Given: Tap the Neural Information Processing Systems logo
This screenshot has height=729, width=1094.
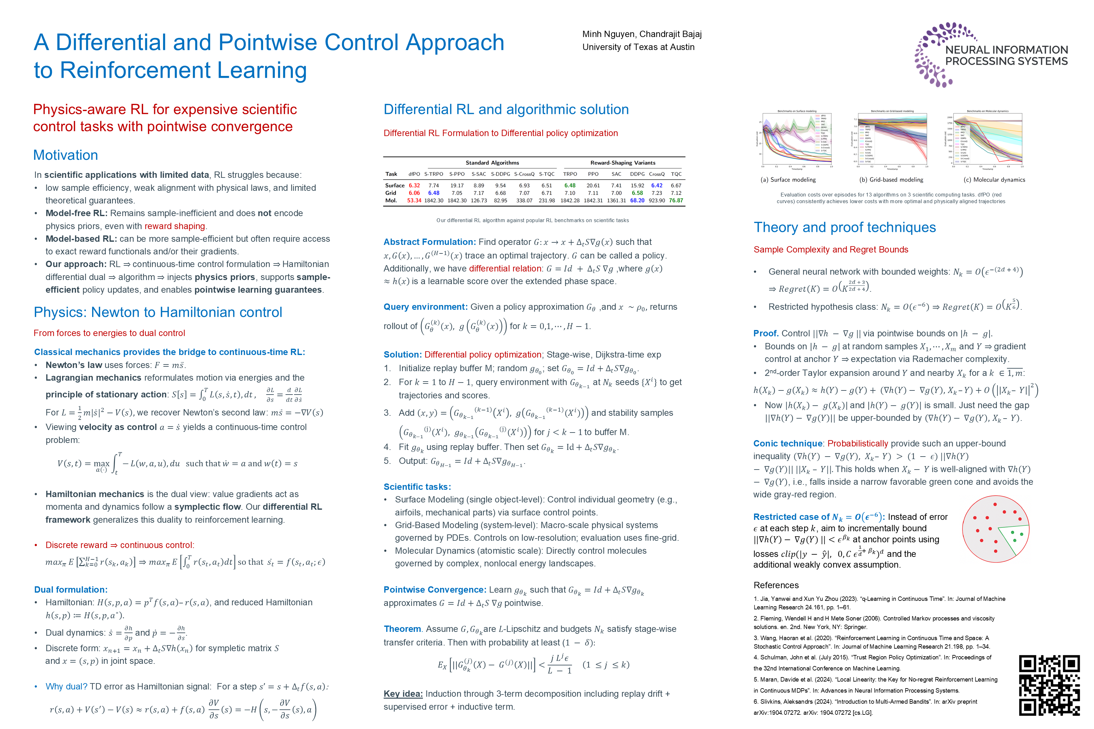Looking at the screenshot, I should (x=991, y=55).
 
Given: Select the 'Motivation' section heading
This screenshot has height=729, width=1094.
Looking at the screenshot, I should (x=66, y=155).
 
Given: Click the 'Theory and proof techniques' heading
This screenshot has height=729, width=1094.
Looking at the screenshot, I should (x=844, y=227).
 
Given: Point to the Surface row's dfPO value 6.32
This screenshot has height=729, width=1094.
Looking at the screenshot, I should (x=414, y=185).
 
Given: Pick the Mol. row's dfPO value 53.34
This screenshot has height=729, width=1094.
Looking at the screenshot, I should (x=414, y=201).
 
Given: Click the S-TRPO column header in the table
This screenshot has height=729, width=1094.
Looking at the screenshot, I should (x=433, y=174).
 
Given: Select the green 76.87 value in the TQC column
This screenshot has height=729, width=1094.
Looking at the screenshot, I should (x=676, y=201).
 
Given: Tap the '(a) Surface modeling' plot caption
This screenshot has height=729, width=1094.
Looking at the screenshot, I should (x=788, y=180).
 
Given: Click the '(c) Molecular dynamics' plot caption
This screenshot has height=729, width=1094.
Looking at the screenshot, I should (x=994, y=180).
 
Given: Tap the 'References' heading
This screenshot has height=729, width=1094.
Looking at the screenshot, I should (x=776, y=585).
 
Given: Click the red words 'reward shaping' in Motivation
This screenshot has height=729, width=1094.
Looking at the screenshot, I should (x=174, y=227).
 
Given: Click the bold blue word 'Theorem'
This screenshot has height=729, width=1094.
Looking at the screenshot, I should (x=402, y=629).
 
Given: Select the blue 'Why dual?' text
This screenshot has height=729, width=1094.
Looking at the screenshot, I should (x=66, y=687).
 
